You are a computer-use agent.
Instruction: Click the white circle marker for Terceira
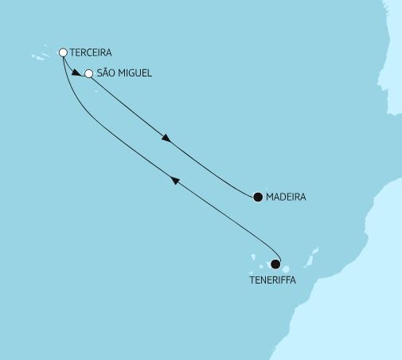point(64,53)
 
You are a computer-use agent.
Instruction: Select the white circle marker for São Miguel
point(89,75)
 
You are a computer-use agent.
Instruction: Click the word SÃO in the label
point(108,74)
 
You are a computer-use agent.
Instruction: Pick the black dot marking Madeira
point(257,197)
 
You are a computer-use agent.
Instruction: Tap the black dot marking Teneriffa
point(275,264)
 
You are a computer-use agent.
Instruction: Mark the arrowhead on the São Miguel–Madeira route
point(166,139)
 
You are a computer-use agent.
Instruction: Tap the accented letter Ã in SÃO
point(108,74)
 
